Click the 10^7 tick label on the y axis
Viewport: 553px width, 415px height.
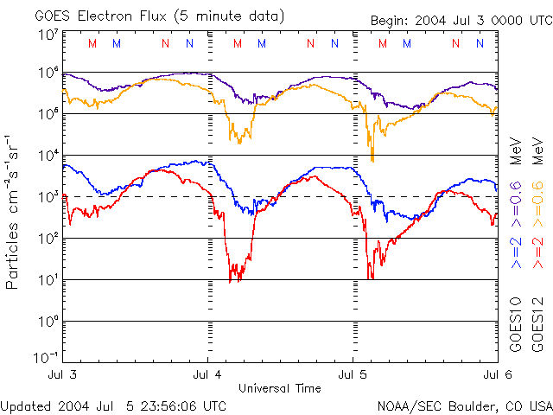click(48, 35)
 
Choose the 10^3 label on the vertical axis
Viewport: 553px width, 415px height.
click(48, 197)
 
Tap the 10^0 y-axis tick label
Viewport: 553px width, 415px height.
click(48, 321)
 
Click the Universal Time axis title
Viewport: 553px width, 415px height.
click(279, 387)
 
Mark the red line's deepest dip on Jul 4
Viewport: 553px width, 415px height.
click(231, 280)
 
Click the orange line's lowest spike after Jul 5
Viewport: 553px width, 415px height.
click(372, 160)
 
